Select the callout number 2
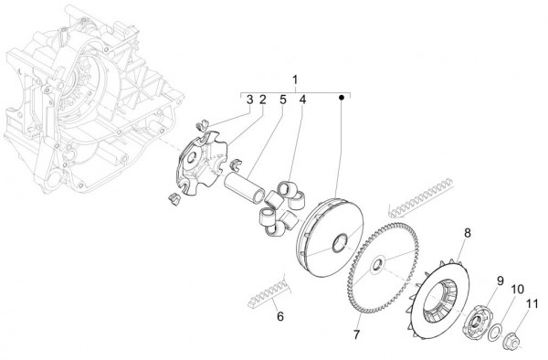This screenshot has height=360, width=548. point(262,99)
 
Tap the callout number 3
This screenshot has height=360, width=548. point(249,99)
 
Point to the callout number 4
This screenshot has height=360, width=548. point(302,99)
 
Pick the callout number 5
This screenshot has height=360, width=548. point(283,99)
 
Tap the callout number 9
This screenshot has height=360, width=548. point(501,280)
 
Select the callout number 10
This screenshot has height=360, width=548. point(517,290)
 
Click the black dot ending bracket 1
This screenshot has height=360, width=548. point(342,95)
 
